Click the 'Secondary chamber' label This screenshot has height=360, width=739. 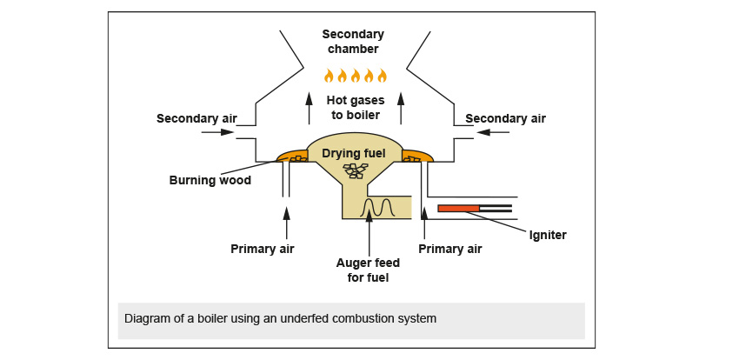coord(353,41)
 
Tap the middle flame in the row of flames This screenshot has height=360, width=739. coord(355,76)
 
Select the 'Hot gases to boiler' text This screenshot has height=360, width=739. coord(355,107)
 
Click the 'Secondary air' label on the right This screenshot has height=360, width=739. coord(505,118)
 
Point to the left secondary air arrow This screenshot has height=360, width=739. coord(217,132)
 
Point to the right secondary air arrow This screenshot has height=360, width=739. coord(493,132)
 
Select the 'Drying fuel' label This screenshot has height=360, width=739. coord(354,154)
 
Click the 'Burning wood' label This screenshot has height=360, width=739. coord(210,181)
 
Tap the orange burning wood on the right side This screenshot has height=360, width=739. coord(416,157)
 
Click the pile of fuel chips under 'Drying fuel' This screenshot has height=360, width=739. coord(355,170)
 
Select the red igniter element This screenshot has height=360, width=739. coord(458,208)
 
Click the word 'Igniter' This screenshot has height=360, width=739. coord(548,234)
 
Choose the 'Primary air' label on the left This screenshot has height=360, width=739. coord(263,249)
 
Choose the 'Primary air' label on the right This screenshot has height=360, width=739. coord(449,249)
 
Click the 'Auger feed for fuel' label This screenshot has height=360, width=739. coord(368,270)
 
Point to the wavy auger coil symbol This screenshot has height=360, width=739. coord(380,208)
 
